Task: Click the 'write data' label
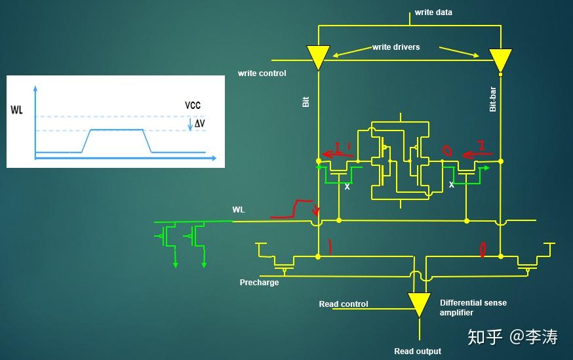433,12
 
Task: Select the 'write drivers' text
396,47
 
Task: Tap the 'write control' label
262,73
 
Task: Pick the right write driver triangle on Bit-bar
501,60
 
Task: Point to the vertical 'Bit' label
306,102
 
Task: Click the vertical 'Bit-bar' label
492,99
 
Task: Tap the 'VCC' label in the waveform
193,106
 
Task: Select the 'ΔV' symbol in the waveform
199,123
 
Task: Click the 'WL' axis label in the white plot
17,110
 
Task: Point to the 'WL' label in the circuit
239,210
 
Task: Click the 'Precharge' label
259,283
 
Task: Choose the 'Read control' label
344,304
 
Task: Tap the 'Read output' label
418,351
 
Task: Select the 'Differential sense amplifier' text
473,308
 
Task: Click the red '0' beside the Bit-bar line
483,250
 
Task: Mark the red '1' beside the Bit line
330,247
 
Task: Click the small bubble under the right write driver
501,75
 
